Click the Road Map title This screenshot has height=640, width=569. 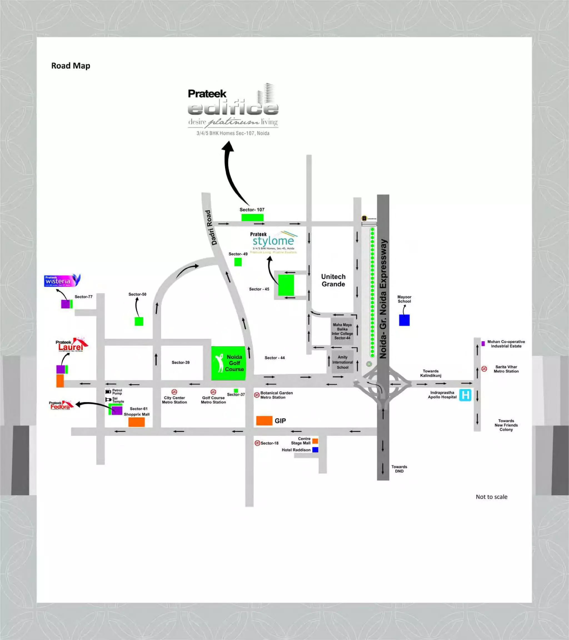[71, 66]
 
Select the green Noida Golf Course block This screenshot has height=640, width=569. [228, 363]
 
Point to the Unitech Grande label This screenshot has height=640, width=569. [333, 280]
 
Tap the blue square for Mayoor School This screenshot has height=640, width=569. [404, 320]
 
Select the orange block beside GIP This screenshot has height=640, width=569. [264, 421]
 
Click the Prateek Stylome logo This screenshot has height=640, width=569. [273, 242]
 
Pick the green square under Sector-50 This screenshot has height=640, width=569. [139, 321]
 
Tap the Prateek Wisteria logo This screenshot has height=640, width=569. [62, 281]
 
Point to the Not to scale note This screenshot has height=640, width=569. [491, 497]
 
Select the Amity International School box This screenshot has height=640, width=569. [342, 362]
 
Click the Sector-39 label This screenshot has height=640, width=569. [180, 362]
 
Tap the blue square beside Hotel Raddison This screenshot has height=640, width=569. [315, 450]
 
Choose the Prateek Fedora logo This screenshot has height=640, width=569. [61, 405]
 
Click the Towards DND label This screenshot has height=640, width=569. [399, 469]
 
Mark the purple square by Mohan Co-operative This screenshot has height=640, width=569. [483, 344]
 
